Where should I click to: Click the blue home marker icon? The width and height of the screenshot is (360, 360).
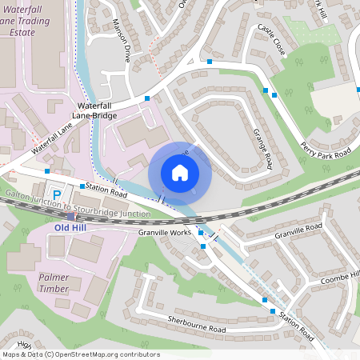tap(180, 173)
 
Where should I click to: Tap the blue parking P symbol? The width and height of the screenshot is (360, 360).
tap(56, 194)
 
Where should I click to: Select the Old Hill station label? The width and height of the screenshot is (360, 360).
tap(69, 227)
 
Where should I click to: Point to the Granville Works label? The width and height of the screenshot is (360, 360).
tap(165, 232)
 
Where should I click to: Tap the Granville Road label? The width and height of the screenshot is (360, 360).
tap(298, 231)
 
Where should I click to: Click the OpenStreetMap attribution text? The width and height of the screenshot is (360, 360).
tap(80, 354)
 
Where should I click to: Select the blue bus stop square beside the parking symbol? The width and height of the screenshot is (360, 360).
tap(82, 186)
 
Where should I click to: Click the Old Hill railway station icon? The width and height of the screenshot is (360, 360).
tap(71, 216)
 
